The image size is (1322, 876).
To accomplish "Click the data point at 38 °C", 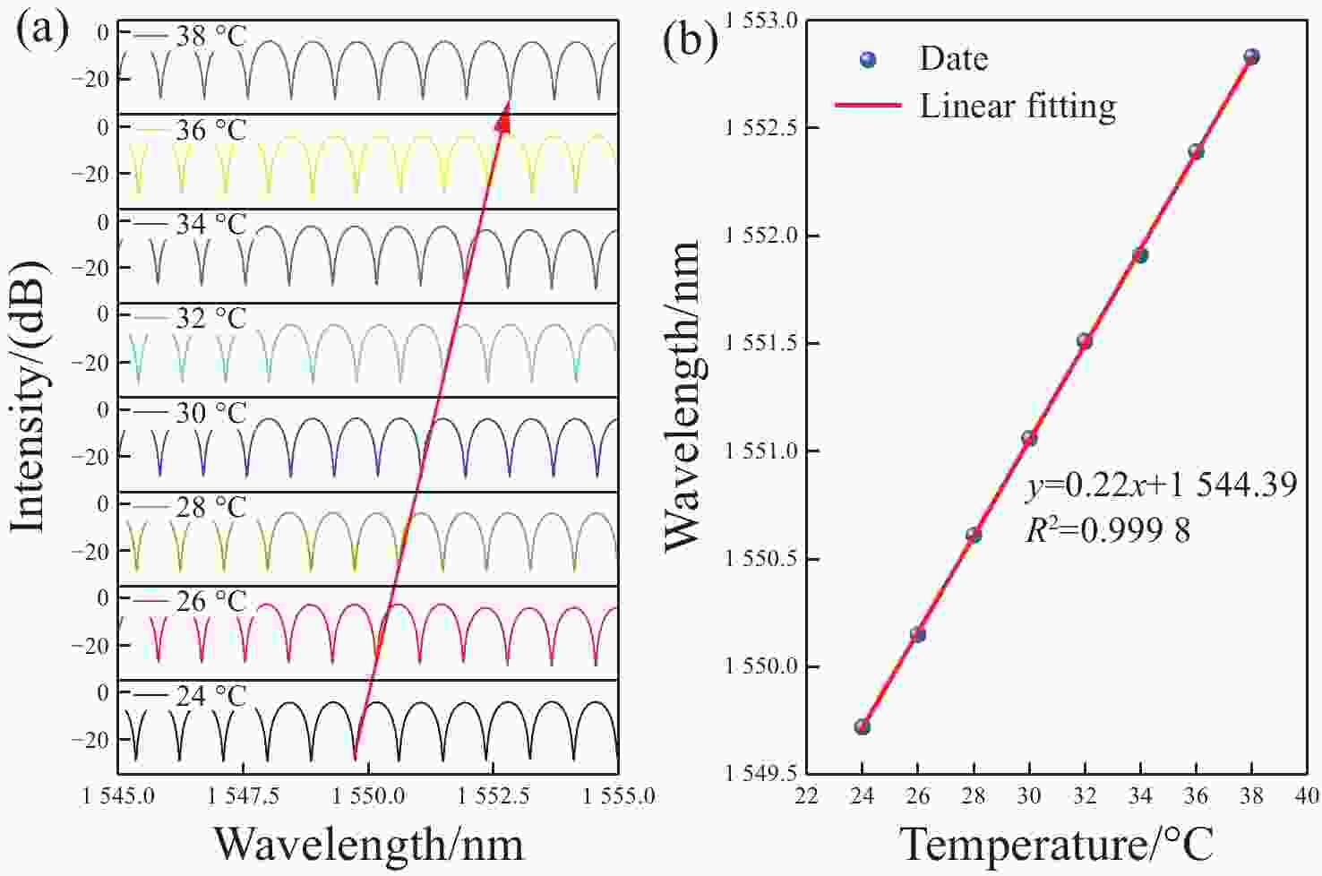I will pyautogui.click(x=1251, y=57).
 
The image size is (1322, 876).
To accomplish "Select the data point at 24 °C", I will pyautogui.click(x=863, y=726).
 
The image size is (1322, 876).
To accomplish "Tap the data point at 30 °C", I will pyautogui.click(x=1029, y=438).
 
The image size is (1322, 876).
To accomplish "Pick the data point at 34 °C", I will pyautogui.click(x=1140, y=255).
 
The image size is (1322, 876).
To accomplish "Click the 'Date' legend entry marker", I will pyautogui.click(x=867, y=60).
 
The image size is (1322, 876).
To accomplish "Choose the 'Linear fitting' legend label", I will pyautogui.click(x=1018, y=106).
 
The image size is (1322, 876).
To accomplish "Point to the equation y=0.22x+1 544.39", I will pyautogui.click(x=1162, y=485).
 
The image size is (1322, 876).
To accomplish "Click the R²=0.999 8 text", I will pyautogui.click(x=1108, y=531).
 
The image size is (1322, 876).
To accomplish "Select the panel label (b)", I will pyautogui.click(x=690, y=40).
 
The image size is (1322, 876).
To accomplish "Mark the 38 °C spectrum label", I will pyautogui.click(x=210, y=37).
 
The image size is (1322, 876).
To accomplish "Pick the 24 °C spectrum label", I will pyautogui.click(x=210, y=696).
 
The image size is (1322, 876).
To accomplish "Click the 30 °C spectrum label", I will pyautogui.click(x=210, y=413).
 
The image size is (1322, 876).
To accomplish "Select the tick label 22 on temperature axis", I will pyautogui.click(x=807, y=795).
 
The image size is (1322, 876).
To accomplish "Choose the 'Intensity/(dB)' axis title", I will pyautogui.click(x=29, y=396).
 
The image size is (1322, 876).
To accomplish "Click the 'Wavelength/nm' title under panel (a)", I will pyautogui.click(x=368, y=844).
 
